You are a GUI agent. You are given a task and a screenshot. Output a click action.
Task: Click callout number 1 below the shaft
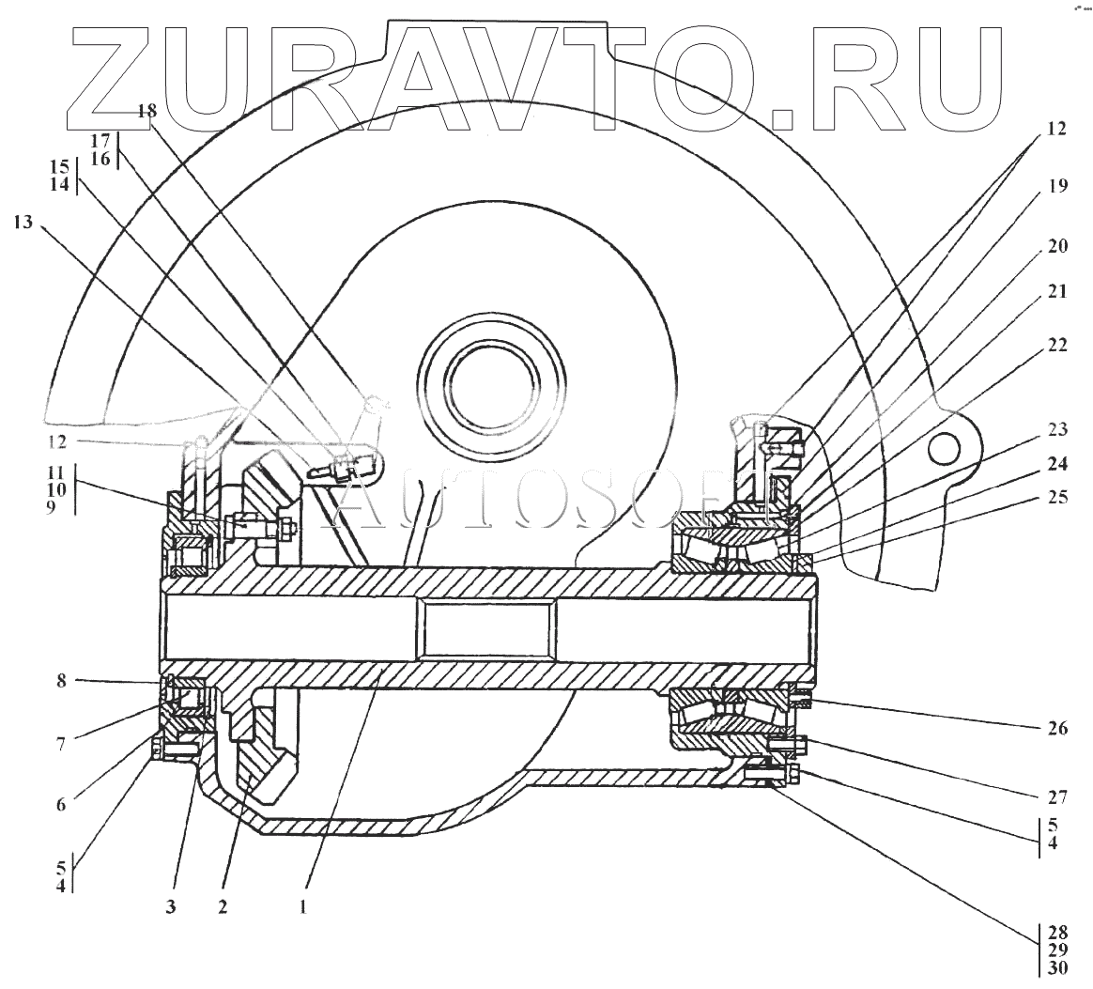pos(302,907)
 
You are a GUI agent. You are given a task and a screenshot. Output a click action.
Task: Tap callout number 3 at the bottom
pos(172,907)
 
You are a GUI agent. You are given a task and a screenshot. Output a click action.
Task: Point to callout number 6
pos(61,804)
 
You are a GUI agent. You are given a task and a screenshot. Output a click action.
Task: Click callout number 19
pos(1056,185)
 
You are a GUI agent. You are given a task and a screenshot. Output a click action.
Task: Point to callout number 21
pos(1056,292)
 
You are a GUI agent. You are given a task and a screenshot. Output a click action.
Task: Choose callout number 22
pos(1056,345)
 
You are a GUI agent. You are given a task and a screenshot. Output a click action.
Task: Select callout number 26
pos(1056,727)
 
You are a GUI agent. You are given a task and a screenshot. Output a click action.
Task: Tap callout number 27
pos(1056,798)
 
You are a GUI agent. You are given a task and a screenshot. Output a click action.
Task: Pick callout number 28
pos(1056,933)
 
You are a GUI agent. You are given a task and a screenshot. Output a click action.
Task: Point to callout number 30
pos(1056,968)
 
